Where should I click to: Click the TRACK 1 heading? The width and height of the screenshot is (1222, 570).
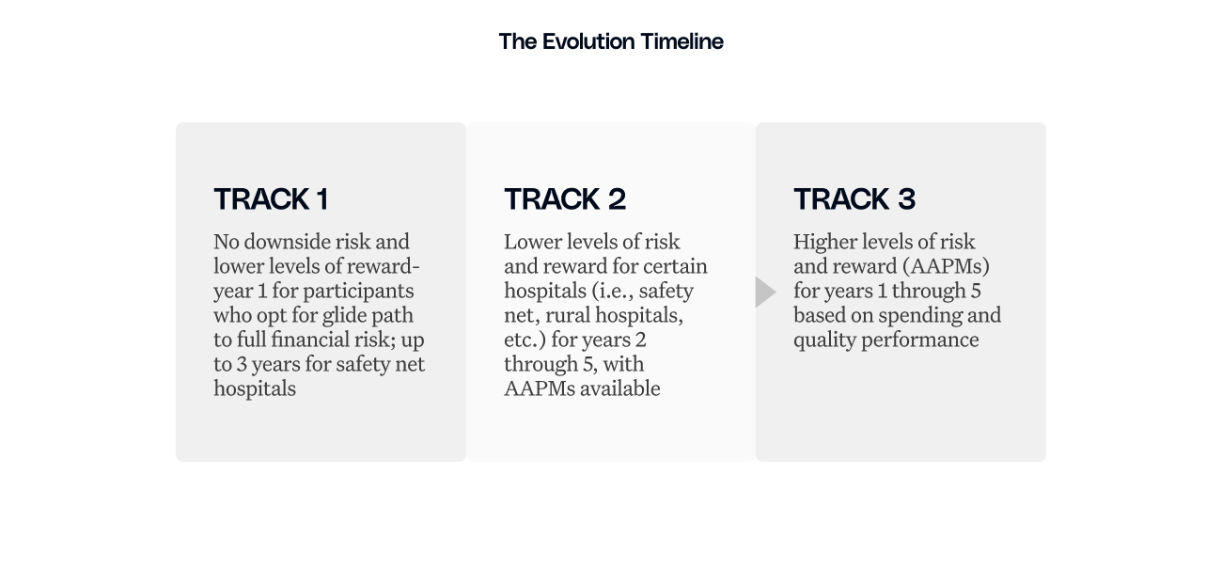271,199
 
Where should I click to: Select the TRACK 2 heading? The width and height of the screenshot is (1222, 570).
564,199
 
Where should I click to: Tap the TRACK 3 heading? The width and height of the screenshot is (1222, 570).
854,199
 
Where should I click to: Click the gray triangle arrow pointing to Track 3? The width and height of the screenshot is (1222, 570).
764,292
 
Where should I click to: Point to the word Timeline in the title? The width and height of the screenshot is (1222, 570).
681,41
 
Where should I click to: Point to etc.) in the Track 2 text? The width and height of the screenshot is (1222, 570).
524,340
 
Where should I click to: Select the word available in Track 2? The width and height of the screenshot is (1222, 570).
619,388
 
